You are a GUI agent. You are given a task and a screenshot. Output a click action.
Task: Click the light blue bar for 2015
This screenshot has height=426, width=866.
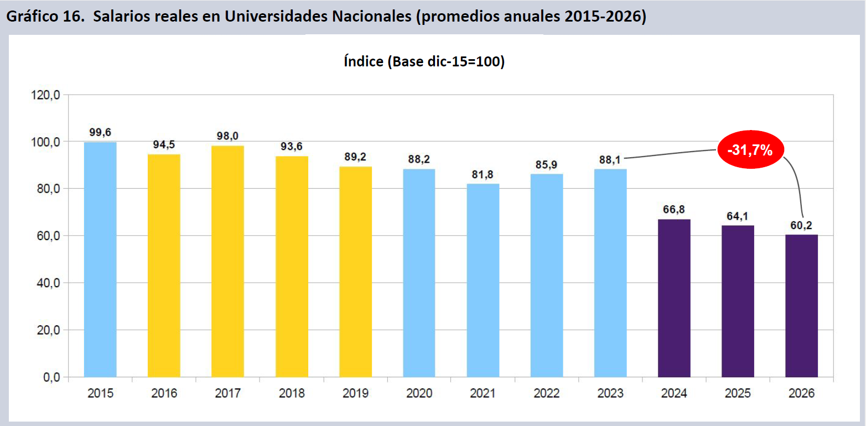point(100,260)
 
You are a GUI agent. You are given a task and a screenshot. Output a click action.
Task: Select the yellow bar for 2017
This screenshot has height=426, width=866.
point(227,261)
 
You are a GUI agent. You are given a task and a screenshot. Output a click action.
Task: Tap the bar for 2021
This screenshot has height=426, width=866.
point(483,280)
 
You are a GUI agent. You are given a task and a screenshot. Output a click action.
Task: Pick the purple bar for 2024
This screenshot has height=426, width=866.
point(674,298)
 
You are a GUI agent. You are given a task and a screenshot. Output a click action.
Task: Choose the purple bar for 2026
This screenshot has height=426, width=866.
point(801,306)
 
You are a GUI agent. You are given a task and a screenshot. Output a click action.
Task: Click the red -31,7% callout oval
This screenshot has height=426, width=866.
point(750,149)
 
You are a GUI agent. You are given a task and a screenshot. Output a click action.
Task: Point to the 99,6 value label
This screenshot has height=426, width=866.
point(100,133)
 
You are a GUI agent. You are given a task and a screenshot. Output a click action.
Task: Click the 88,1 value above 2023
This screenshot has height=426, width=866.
point(610,159)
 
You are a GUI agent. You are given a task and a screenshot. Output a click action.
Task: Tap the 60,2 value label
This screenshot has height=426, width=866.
point(801,225)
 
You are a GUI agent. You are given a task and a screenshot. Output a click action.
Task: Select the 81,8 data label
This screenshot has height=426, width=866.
point(483,174)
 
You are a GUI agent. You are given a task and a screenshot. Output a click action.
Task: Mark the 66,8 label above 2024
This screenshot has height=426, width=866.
point(674,210)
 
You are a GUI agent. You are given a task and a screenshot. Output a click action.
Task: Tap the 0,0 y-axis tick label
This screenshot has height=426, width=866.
point(51,377)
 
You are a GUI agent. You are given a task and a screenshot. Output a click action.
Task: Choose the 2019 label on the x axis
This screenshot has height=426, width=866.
point(355,394)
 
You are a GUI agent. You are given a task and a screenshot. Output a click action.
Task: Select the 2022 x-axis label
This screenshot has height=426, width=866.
point(547,394)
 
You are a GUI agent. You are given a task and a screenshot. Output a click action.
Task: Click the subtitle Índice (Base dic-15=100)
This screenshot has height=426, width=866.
point(424,61)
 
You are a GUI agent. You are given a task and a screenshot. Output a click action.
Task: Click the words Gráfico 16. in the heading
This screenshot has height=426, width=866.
point(45,17)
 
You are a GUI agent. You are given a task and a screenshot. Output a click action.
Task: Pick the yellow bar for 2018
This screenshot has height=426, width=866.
point(292,267)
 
